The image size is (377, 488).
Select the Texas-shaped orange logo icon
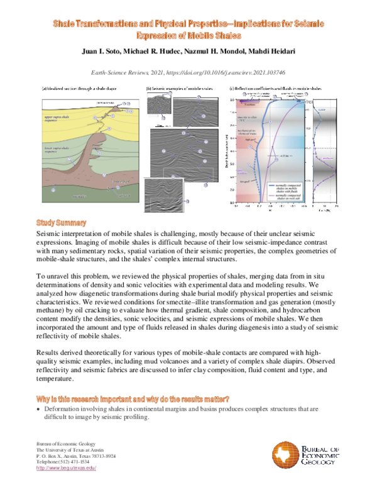click(283, 453)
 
